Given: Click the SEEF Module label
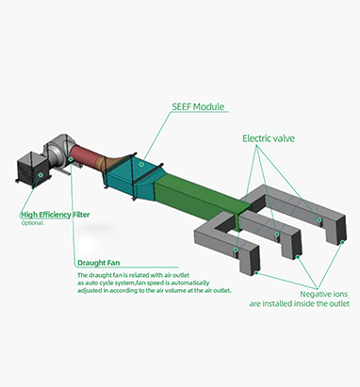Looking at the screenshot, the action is pyautogui.click(x=198, y=106).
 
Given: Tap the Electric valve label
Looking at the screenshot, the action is pyautogui.click(x=269, y=138).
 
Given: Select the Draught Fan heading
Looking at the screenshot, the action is pyautogui.click(x=98, y=263).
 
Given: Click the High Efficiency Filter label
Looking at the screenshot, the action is pyautogui.click(x=56, y=215).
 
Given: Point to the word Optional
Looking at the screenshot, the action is pyautogui.click(x=32, y=223).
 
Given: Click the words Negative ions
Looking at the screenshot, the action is pyautogui.click(x=323, y=294).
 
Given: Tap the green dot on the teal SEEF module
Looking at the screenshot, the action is pyautogui.click(x=141, y=164).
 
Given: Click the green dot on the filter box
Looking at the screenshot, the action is pyautogui.click(x=41, y=174).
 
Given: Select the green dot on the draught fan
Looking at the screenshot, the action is pyautogui.click(x=71, y=159).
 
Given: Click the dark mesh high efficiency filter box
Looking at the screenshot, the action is pyautogui.click(x=32, y=170).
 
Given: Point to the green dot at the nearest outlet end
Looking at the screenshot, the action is pyautogui.click(x=256, y=273).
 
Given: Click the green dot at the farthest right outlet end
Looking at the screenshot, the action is pyautogui.click(x=342, y=242).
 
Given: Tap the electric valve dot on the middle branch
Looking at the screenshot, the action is pyautogui.click(x=277, y=234).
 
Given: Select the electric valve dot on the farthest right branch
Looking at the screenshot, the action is pyautogui.click(x=319, y=220).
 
